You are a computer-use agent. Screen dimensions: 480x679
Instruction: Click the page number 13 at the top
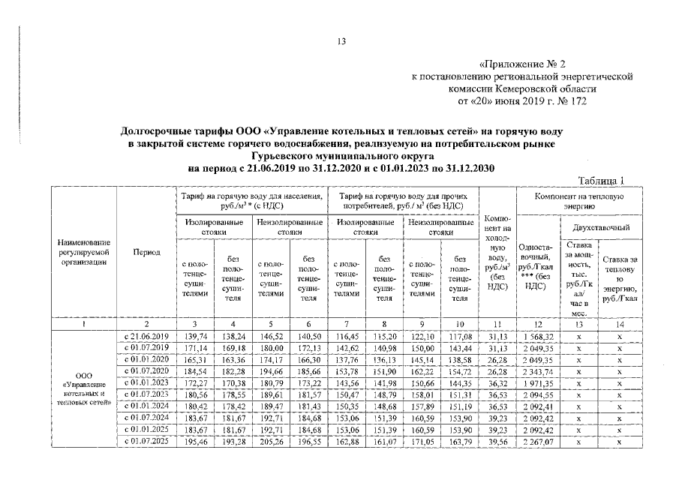[x=339, y=41]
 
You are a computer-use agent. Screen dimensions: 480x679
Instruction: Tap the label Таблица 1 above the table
[x=602, y=180]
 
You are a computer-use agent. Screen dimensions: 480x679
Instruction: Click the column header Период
[x=146, y=252]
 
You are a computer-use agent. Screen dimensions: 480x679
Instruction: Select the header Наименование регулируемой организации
[x=84, y=252]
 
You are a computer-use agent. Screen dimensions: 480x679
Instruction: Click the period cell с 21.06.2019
[x=146, y=337]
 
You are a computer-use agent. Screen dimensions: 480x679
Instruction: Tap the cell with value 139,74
[x=194, y=337]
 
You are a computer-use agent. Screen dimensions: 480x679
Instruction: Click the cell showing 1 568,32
[x=538, y=337]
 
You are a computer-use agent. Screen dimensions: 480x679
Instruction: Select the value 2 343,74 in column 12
[x=538, y=373]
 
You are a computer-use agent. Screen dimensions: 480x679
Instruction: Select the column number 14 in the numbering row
[x=620, y=323]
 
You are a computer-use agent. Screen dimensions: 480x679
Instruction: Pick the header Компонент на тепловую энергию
[x=578, y=200]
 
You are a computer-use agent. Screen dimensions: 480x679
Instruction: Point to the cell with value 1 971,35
[x=538, y=385]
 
